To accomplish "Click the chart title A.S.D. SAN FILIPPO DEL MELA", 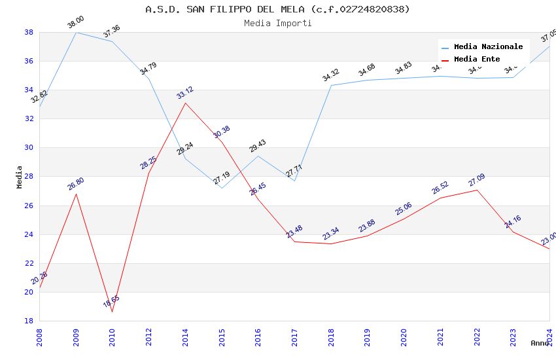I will click(277, 9).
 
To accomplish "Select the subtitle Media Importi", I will click(277, 23).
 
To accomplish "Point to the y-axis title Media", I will click(19, 177).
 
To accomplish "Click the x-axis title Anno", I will click(540, 343).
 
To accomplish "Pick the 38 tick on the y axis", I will click(29, 32).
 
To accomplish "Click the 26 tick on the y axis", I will click(29, 206).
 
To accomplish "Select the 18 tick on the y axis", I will click(29, 321).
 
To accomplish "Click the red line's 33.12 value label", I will click(185, 93).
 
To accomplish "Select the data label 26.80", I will click(76, 184).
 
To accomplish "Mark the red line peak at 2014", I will click(185, 103).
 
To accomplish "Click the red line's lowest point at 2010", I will click(112, 312).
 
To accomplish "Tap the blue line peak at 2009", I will click(76, 32).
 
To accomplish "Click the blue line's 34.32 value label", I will click(331, 75).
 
